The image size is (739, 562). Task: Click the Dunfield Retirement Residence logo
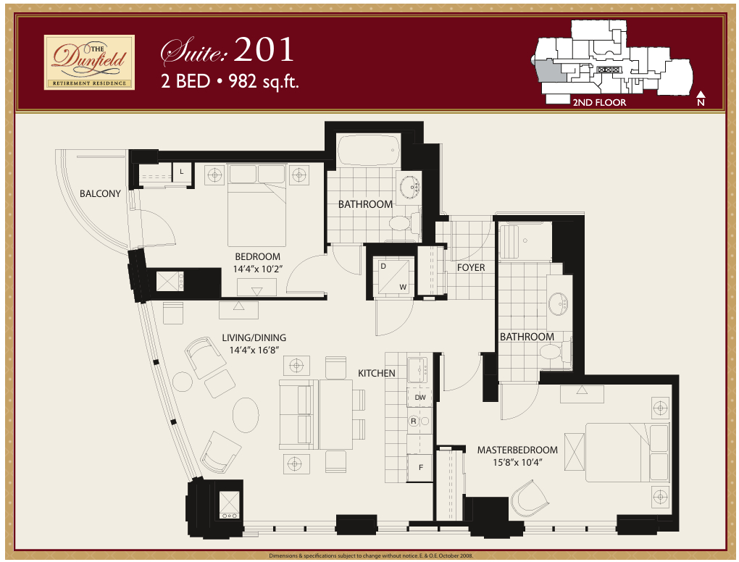[x=89, y=62]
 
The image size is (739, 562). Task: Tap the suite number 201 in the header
[x=264, y=50]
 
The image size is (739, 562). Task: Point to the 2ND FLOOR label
[x=598, y=102]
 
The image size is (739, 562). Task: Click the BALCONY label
[x=100, y=193]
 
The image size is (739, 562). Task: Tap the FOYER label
[x=471, y=267]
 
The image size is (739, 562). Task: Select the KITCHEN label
[x=377, y=373]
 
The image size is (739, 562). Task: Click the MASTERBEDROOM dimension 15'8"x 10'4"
[x=510, y=462]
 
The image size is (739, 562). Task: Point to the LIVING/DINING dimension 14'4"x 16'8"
[x=254, y=350]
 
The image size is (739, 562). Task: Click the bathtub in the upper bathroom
[x=368, y=150]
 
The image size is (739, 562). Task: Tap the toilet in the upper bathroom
[x=403, y=223]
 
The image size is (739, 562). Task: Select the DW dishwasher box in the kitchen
[x=419, y=397]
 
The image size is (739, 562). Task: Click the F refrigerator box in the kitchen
[x=419, y=467]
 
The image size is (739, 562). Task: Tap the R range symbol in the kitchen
[x=414, y=421]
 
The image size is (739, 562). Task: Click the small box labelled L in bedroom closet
[x=181, y=172]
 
